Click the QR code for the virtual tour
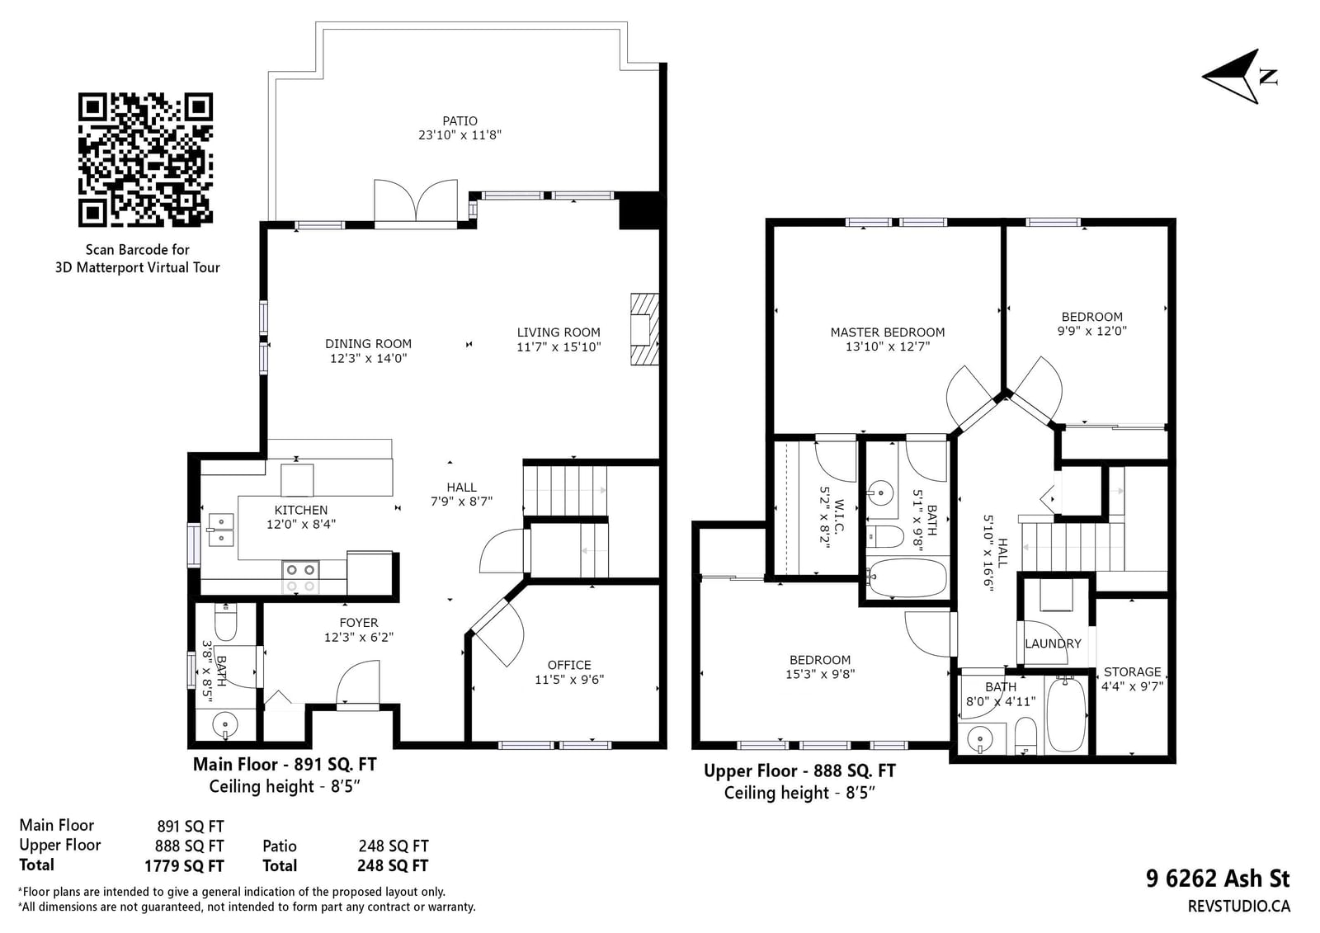[x=145, y=159]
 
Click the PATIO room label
[x=460, y=120]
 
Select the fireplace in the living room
[x=644, y=329]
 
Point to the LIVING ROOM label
[x=559, y=332]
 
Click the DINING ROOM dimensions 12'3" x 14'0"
[x=368, y=358]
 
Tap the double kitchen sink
[x=221, y=530]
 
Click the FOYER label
[x=359, y=622]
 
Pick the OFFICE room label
[x=569, y=665]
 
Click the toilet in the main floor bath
[x=226, y=621]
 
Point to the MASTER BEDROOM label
[x=888, y=332]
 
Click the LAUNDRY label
[x=1053, y=643]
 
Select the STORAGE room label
[x=1132, y=671]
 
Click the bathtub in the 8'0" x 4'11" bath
[x=1066, y=714]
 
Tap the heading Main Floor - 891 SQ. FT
[x=285, y=765]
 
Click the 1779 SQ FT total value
[x=185, y=866]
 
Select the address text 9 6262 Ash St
[x=1218, y=879]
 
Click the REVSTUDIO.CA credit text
[x=1238, y=907]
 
